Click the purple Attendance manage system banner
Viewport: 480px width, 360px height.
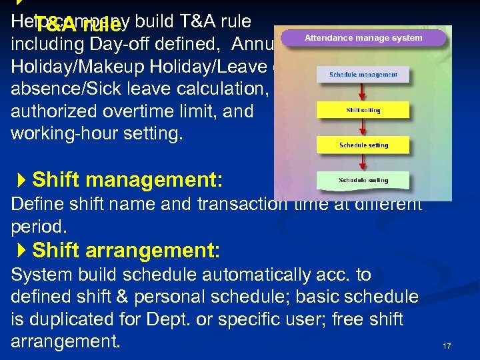(363, 38)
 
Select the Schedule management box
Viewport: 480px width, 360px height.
(363, 75)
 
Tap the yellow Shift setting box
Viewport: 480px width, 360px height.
(363, 110)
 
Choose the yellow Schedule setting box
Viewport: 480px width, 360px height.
(363, 145)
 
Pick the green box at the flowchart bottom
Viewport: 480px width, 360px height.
(363, 180)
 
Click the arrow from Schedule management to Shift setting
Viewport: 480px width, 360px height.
(363, 92)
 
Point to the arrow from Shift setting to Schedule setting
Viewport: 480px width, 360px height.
(363, 127)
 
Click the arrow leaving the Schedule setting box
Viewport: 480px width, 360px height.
(363, 162)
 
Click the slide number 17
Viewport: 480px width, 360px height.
(447, 346)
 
